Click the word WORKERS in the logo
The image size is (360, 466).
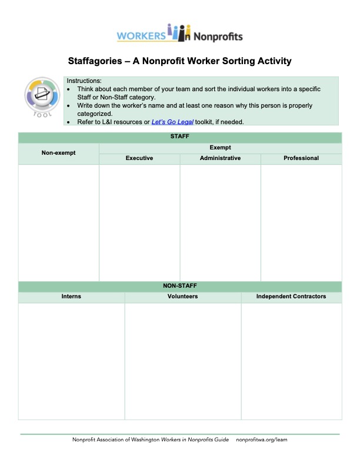point(141,36)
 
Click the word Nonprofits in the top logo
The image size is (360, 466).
point(218,36)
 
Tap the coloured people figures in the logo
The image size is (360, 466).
point(179,34)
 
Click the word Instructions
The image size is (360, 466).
point(84,81)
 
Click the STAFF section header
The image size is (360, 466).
point(179,137)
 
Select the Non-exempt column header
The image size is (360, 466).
point(58,153)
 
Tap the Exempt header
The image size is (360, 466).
point(220,148)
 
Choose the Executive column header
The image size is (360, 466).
point(139,158)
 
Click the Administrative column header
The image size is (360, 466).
point(220,158)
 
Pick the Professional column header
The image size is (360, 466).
point(301,158)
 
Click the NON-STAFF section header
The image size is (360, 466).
point(179,286)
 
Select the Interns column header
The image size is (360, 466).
point(71,297)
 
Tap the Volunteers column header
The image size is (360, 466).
point(182,297)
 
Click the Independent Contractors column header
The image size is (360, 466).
point(291,297)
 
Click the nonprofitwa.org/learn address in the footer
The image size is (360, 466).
point(261,440)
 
